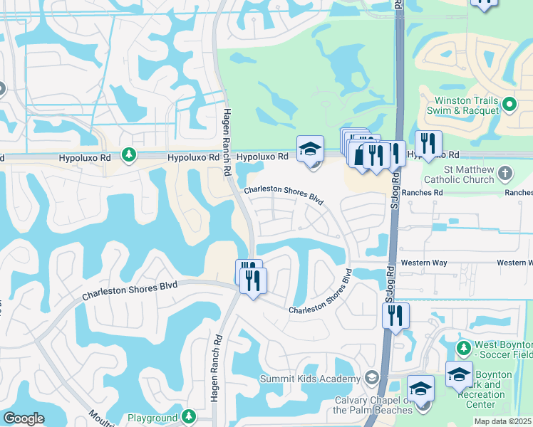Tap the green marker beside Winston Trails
click(x=509, y=105)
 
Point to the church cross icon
click(x=504, y=173)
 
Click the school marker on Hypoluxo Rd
click(x=310, y=149)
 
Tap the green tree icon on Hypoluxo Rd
click(x=128, y=155)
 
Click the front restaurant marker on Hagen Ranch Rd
click(x=252, y=280)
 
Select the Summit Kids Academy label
click(x=310, y=378)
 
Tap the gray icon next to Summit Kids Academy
click(x=371, y=376)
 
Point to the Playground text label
click(x=152, y=418)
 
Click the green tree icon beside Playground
click(x=189, y=416)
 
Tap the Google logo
click(x=24, y=418)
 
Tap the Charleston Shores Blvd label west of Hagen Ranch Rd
click(x=129, y=289)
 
